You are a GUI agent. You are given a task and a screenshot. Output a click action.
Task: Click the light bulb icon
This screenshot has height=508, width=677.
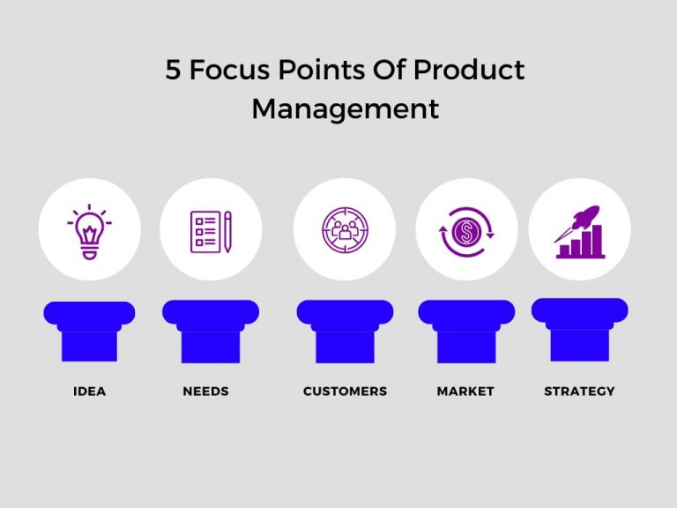89,232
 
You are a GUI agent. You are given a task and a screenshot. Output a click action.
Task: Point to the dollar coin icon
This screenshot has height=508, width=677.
465,232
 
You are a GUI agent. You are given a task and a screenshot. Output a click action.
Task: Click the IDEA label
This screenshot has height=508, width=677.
89,391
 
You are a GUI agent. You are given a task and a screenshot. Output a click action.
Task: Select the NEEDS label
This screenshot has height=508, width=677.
205,391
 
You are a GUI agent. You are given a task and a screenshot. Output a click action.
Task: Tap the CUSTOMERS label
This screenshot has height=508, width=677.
345,391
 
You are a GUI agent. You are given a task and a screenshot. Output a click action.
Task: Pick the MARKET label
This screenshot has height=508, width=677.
465,391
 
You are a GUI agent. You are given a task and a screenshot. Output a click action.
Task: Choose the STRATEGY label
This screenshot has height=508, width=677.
579,391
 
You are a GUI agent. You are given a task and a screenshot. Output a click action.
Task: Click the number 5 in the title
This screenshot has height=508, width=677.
173,71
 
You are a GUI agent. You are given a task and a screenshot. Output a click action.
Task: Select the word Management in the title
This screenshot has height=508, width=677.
345,108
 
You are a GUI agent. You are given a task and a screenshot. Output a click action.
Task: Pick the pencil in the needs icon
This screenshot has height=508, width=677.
227,231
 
